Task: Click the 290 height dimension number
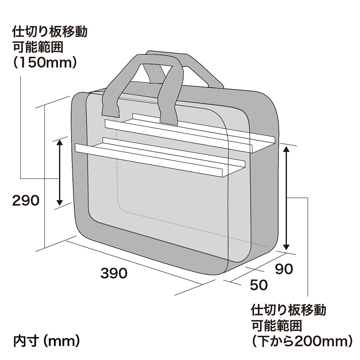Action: [x=26, y=200]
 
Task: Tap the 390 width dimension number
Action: [x=114, y=273]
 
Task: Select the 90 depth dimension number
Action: [x=284, y=269]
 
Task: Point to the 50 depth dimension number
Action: [x=259, y=285]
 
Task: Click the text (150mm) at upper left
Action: [x=45, y=62]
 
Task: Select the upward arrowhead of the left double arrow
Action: [x=59, y=143]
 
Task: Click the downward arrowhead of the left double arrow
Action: [x=59, y=202]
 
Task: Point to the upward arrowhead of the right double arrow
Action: [x=286, y=149]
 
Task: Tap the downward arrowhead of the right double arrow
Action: [x=286, y=247]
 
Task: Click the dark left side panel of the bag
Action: [x=79, y=161]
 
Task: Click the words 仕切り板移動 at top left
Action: [x=50, y=31]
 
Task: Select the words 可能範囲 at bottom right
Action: [x=276, y=325]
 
